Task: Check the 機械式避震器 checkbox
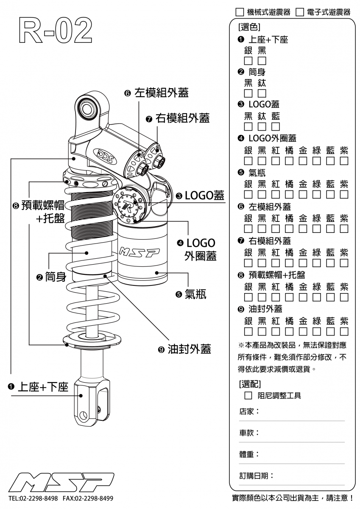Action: tap(239, 12)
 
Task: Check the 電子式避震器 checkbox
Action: tap(299, 12)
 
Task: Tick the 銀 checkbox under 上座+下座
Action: tap(248, 61)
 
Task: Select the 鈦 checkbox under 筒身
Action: tap(262, 93)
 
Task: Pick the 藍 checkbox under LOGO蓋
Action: tap(276, 127)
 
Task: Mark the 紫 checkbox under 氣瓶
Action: tap(344, 195)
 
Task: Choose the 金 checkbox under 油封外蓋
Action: tap(303, 331)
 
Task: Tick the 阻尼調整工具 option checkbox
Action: tap(249, 396)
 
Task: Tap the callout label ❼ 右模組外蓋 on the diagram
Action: tap(178, 118)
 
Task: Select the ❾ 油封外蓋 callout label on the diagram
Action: tap(184, 349)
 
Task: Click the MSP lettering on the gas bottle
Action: tap(138, 253)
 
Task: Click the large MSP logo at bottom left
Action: tap(61, 481)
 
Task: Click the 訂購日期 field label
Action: tap(256, 476)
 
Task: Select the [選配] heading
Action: tap(250, 384)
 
